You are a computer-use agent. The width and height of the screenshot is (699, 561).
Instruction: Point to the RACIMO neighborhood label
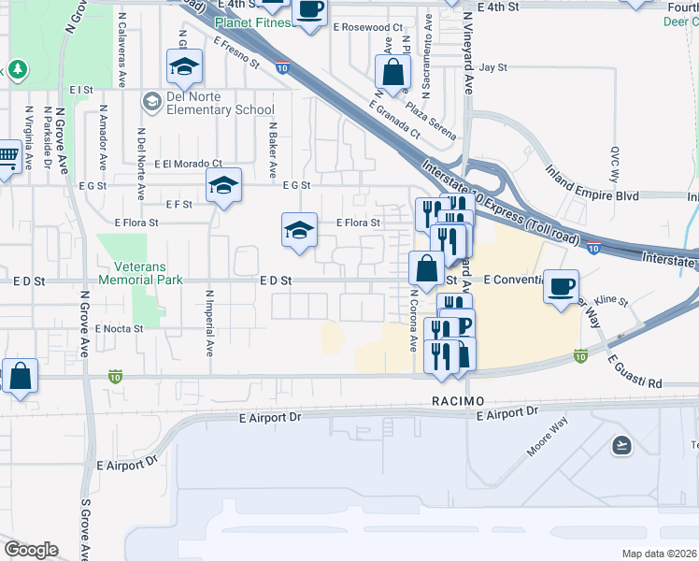(458, 400)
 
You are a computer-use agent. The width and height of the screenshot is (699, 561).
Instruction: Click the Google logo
(31, 550)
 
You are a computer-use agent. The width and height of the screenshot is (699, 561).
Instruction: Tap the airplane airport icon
(621, 445)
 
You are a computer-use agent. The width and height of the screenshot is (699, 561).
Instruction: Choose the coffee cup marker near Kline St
(561, 287)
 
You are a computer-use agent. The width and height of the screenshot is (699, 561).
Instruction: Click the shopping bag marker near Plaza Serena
(393, 71)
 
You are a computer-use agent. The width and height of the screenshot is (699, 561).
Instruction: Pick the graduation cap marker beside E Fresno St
(185, 65)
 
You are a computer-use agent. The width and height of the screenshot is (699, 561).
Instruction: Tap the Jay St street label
(492, 68)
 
